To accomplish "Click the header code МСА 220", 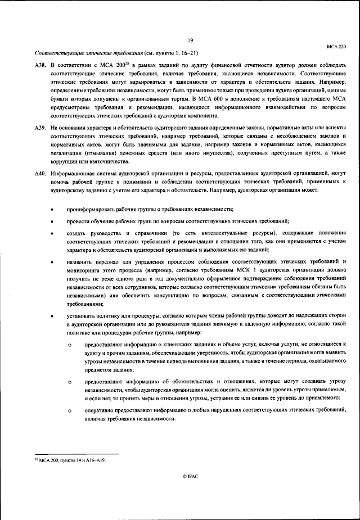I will click(x=336, y=49).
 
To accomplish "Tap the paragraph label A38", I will click(x=39, y=66).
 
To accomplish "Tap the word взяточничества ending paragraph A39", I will click(x=97, y=161).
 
